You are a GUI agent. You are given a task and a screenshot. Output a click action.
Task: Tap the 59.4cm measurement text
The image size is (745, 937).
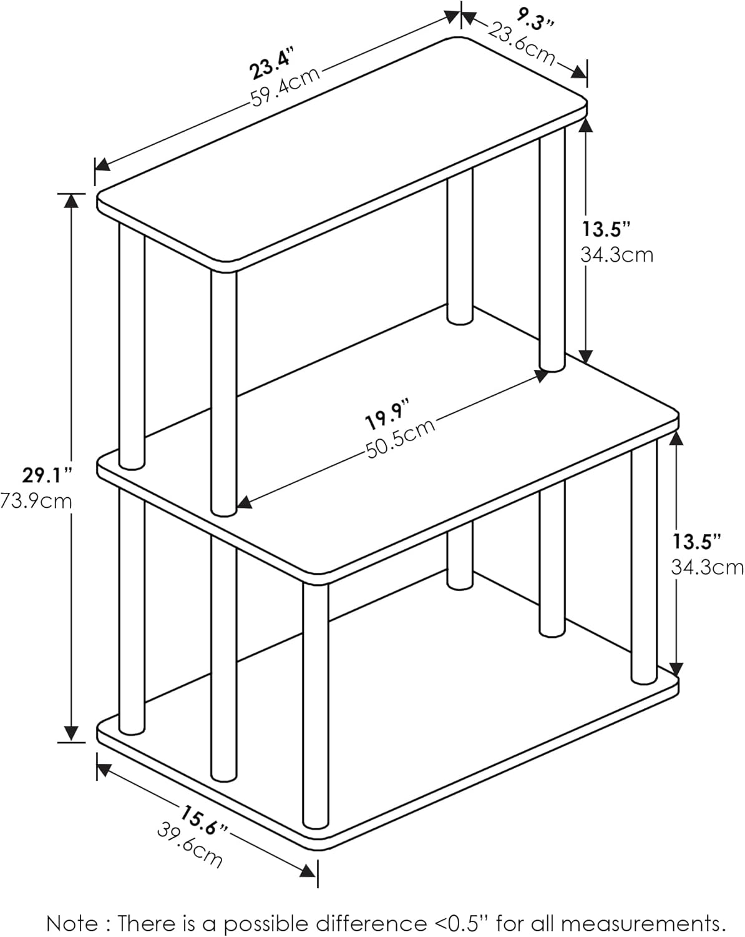286,87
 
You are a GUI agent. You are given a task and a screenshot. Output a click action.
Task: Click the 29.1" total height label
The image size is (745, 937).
47,475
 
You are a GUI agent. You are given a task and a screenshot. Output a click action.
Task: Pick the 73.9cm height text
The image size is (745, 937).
36,501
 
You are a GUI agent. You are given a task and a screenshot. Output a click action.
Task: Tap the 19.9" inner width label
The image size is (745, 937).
387,416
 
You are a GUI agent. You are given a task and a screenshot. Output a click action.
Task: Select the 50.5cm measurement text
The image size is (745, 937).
400,439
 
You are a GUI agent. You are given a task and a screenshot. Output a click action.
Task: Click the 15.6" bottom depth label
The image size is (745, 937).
203,820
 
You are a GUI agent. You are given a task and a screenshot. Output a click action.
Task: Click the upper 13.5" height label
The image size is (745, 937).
606,229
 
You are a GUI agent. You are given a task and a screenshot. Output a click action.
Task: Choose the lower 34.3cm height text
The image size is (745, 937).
707,567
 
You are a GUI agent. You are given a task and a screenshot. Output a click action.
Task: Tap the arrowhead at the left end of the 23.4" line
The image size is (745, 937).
102,165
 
